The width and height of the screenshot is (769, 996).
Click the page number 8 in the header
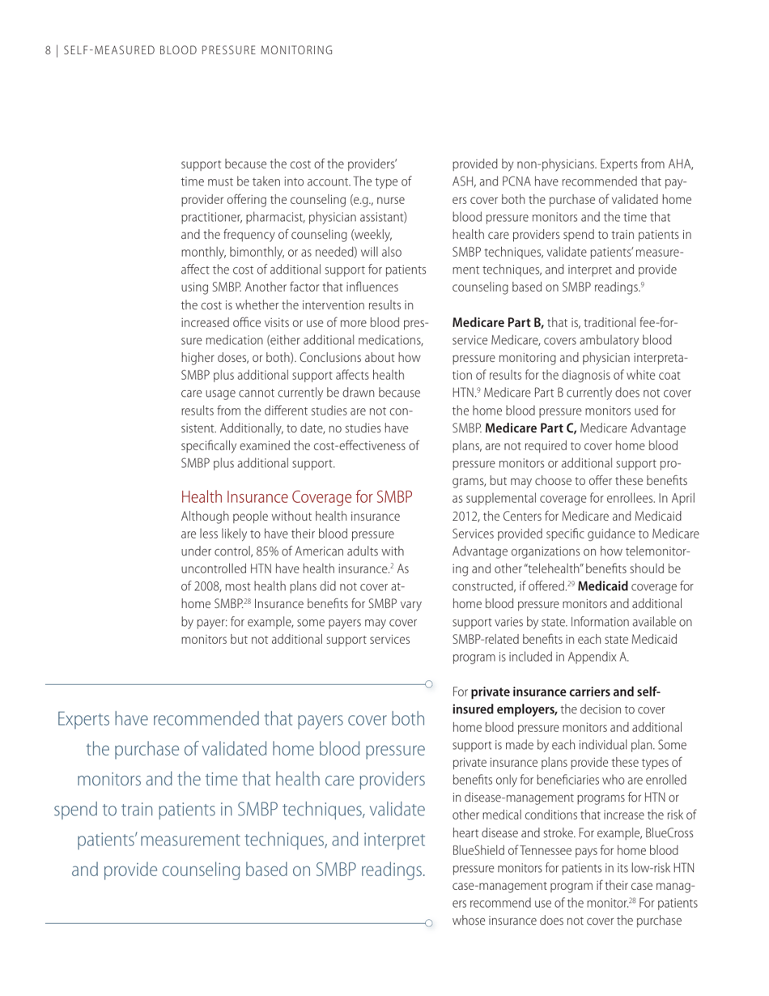[48, 52]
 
